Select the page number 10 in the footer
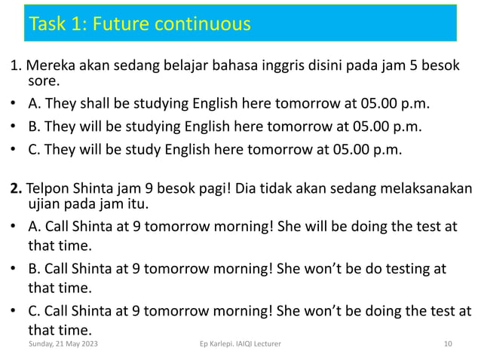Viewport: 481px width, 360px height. pos(449,343)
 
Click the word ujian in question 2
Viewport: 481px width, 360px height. pos(44,204)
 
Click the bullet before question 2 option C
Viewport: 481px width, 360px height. pos(14,312)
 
